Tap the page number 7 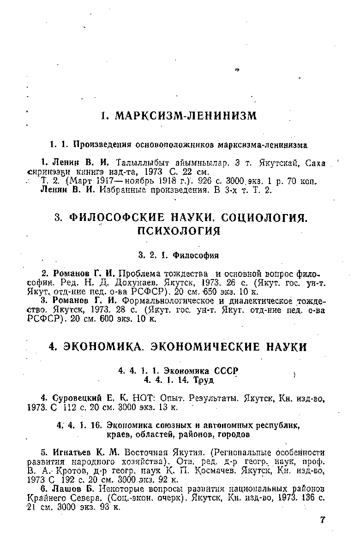coord(322,520)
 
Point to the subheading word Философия coord(196,255)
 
